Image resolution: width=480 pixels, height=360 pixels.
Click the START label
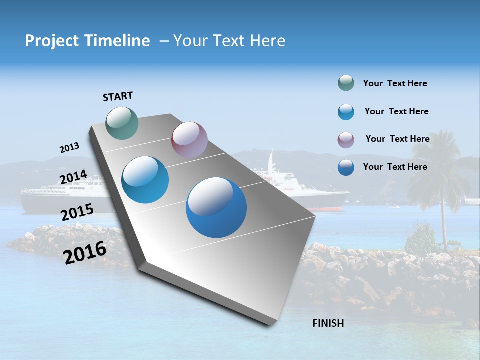[118, 96]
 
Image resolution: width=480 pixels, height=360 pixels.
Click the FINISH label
[328, 323]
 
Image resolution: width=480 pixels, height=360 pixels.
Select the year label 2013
[69, 148]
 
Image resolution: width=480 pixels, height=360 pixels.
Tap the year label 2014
[73, 177]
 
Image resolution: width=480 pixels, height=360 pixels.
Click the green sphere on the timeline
[122, 123]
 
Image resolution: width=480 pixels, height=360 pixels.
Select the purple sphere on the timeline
[189, 140]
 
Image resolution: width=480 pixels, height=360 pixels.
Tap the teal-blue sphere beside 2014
[145, 180]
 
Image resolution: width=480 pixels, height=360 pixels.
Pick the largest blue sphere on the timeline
[216, 207]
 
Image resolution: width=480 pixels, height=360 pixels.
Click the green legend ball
[346, 83]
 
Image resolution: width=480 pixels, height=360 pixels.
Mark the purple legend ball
[346, 140]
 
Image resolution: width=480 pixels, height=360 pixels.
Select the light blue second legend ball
[346, 112]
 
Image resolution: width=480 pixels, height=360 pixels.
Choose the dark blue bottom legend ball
[346, 167]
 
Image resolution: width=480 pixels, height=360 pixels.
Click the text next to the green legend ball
[395, 84]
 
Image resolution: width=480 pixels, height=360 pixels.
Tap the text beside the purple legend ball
[397, 139]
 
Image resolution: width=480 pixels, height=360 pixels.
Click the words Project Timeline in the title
[87, 41]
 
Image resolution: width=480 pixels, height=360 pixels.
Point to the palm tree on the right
[440, 175]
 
